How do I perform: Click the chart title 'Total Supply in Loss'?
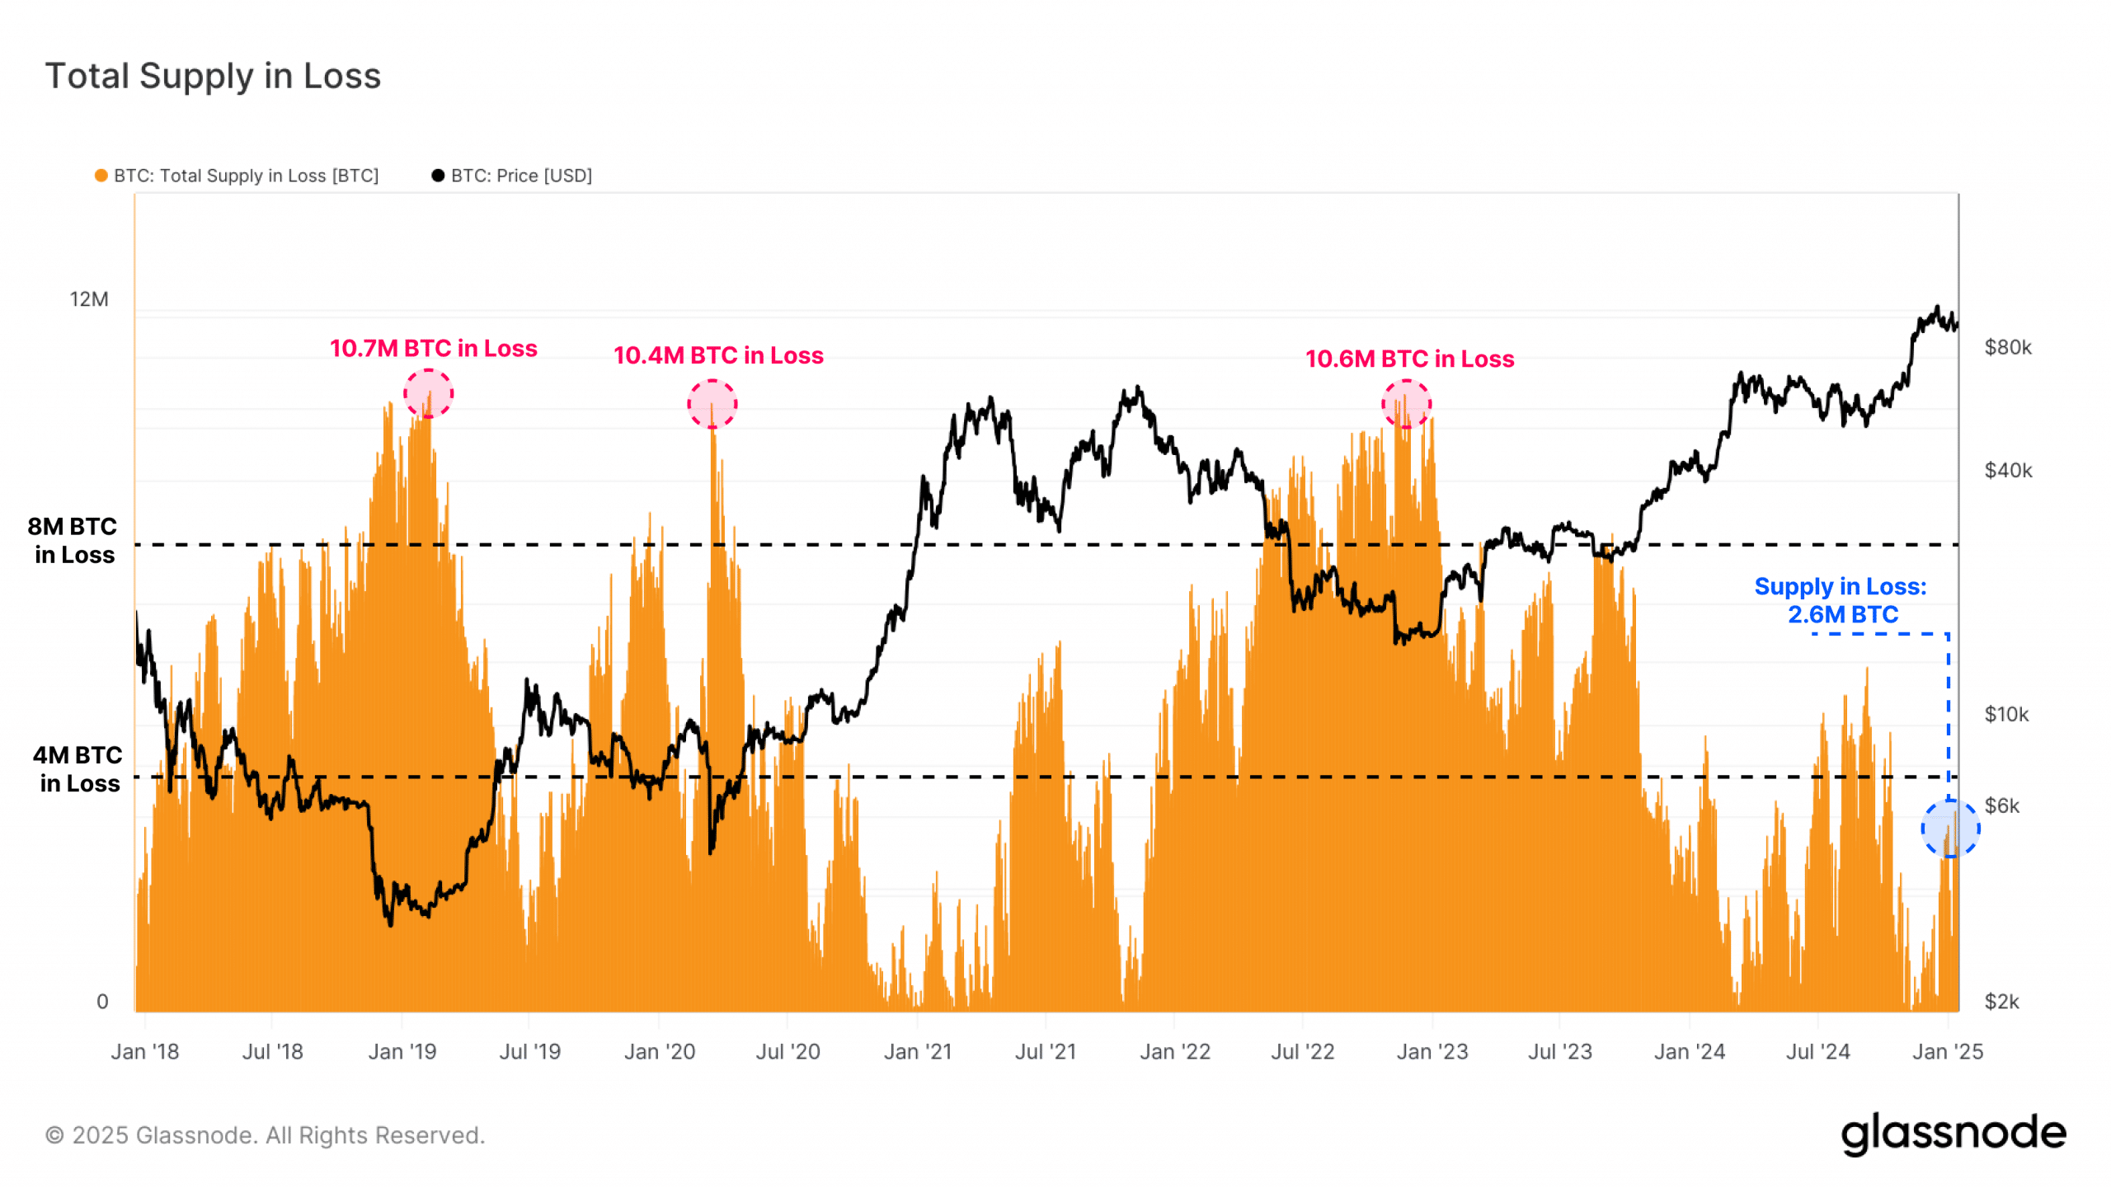(213, 76)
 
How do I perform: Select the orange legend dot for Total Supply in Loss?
(101, 176)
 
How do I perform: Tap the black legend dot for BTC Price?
(438, 176)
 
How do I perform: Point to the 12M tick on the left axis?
(89, 299)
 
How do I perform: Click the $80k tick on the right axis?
(2007, 347)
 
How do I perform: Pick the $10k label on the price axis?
(2005, 714)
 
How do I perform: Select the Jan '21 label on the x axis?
(917, 1052)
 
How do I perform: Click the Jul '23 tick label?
(1559, 1052)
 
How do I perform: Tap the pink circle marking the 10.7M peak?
(428, 393)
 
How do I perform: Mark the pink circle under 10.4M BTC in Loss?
(712, 404)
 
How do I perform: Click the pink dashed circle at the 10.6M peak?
(1406, 404)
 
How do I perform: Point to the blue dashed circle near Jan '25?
(1949, 829)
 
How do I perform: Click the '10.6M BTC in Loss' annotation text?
(1409, 359)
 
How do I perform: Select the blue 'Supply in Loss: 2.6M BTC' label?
(1841, 600)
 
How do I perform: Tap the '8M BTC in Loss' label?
(73, 541)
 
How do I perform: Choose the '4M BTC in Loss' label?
(78, 769)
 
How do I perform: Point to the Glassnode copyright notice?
(265, 1135)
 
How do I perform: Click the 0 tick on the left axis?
(102, 1002)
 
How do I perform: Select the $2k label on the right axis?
(2001, 1002)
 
